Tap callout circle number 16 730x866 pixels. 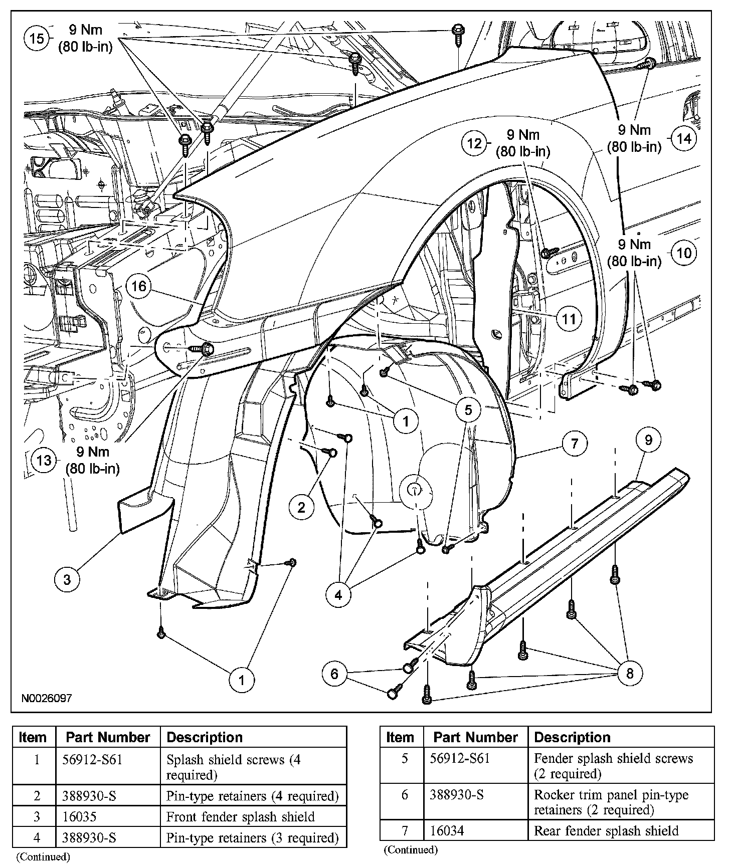pyautogui.click(x=139, y=286)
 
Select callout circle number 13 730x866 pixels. pyautogui.click(x=44, y=460)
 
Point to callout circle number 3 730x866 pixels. pyautogui.click(x=67, y=580)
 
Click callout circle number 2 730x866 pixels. pyautogui.click(x=301, y=508)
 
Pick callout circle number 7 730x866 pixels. pyautogui.click(x=575, y=443)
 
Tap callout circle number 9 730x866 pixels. pyautogui.click(x=649, y=440)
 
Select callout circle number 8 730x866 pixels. pyautogui.click(x=630, y=674)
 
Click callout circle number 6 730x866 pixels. pyautogui.click(x=334, y=674)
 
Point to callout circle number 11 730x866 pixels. pyautogui.click(x=569, y=318)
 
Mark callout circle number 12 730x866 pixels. pyautogui.click(x=474, y=143)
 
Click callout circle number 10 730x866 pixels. pyautogui.click(x=684, y=253)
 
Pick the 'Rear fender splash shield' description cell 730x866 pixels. pyautogui.click(x=606, y=831)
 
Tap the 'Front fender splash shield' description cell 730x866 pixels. pyautogui.click(x=241, y=816)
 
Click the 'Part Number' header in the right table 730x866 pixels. pyautogui.click(x=475, y=737)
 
